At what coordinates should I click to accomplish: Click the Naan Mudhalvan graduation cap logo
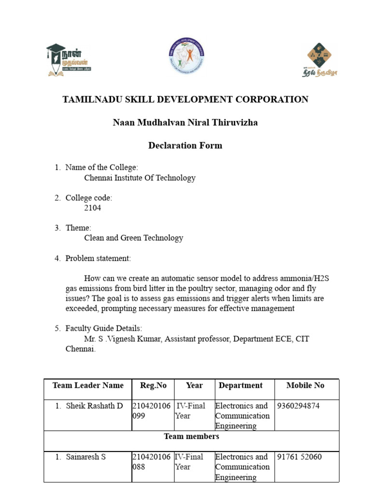(68, 59)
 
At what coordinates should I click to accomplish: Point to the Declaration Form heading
(185, 146)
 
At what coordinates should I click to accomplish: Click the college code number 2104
(93, 208)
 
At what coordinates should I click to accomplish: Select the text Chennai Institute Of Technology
(140, 178)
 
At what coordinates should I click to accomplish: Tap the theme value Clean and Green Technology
(134, 238)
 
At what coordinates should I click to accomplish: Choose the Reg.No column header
(153, 385)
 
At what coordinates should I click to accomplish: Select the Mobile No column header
(305, 385)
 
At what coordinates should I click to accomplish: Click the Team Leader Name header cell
(88, 385)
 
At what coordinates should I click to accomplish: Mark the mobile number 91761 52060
(300, 457)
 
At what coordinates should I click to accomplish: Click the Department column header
(241, 385)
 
